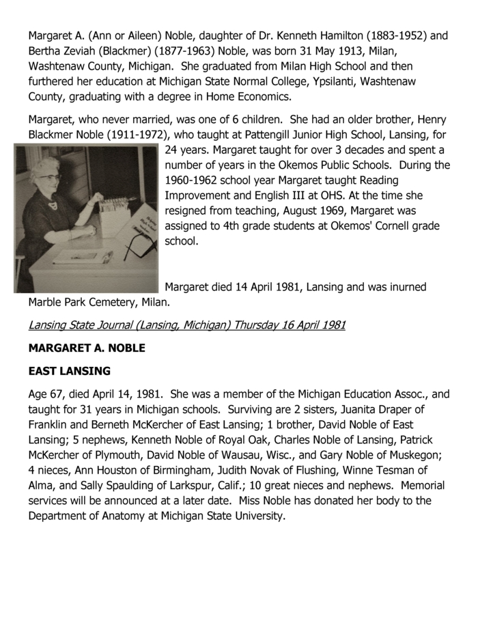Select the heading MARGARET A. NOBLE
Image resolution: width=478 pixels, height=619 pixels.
(x=87, y=348)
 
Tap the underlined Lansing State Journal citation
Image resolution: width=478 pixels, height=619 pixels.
(x=186, y=325)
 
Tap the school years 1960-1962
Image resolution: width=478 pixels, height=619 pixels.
(x=195, y=180)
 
